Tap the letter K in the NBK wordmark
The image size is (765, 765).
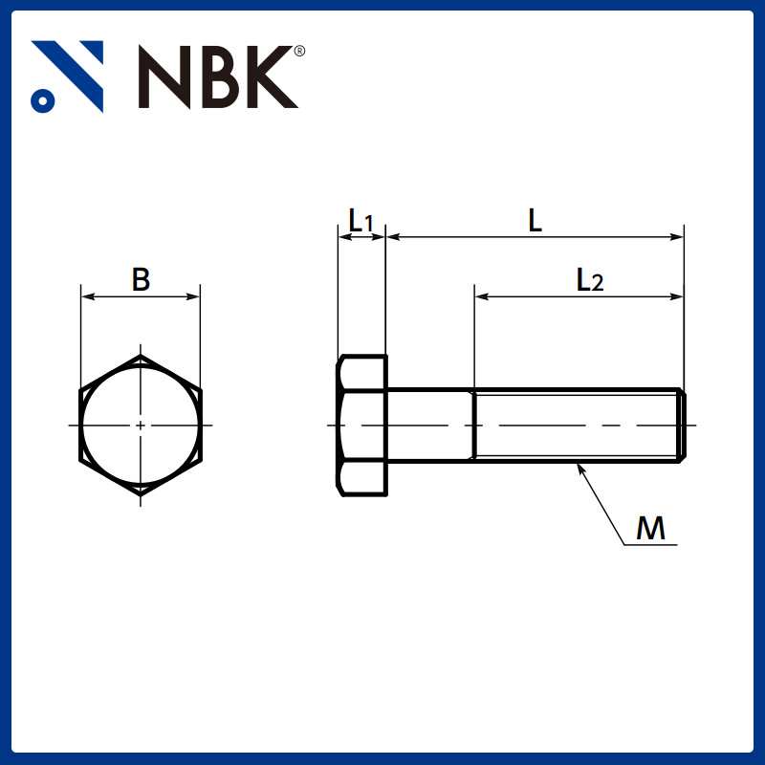click(267, 76)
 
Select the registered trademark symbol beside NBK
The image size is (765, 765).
click(300, 51)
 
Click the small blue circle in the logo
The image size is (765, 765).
click(41, 98)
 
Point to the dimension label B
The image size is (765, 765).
click(141, 280)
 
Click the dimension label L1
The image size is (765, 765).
click(361, 221)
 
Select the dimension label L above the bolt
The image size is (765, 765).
click(535, 221)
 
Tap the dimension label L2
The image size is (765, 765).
click(589, 280)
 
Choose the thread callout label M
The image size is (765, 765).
click(650, 529)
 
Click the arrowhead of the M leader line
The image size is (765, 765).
click(580, 468)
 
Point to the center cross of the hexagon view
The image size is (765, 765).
click(141, 424)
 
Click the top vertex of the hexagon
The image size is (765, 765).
click(141, 357)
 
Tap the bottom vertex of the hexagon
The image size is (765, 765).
click(141, 492)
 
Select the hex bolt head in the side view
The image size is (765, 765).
click(362, 426)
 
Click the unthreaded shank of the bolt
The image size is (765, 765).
click(429, 425)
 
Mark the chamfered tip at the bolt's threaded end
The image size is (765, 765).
click(681, 425)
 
